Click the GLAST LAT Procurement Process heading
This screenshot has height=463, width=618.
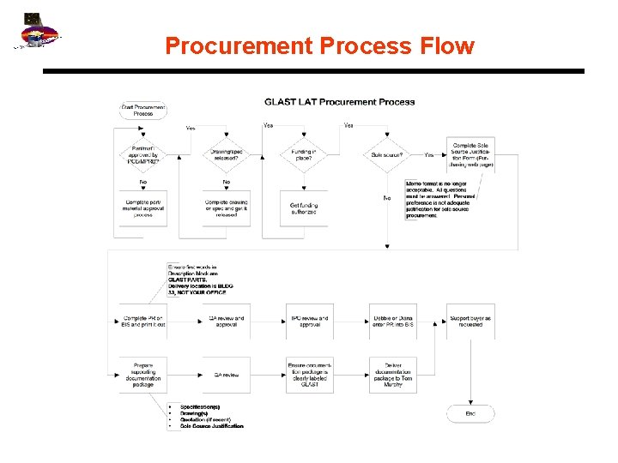tap(339, 101)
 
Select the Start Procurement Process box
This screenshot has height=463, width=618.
tap(142, 111)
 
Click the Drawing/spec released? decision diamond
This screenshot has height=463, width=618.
tap(227, 155)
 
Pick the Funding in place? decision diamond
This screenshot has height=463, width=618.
tap(304, 155)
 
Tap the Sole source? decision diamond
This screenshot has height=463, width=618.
tap(388, 155)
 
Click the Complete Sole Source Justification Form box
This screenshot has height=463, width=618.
tap(470, 155)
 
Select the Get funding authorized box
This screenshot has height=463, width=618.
tap(304, 207)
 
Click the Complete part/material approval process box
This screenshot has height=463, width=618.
tap(142, 208)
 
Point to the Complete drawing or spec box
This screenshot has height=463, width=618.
tap(227, 208)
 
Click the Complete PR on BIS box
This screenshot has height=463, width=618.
tap(142, 321)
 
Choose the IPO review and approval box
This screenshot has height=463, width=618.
tap(309, 321)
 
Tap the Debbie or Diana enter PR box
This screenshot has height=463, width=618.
tap(393, 321)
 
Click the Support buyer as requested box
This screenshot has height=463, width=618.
tap(470, 321)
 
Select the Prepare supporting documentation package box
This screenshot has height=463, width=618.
tap(142, 375)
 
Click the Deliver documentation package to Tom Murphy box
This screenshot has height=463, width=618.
tap(393, 375)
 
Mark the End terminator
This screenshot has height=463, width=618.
tap(470, 413)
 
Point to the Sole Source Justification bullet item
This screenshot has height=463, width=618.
tap(212, 426)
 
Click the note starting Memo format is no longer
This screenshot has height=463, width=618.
tap(441, 199)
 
